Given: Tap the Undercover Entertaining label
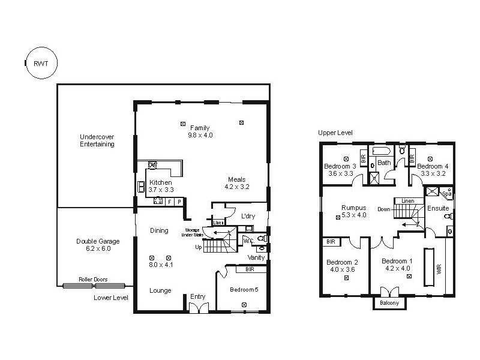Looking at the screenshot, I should [97, 140].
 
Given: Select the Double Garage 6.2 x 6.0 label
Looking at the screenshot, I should [97, 245].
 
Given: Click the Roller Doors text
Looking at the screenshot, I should [93, 279].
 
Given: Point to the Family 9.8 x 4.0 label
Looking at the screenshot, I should [200, 131].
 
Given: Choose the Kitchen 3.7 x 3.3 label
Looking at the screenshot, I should [160, 186].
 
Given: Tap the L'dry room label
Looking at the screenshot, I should [248, 215].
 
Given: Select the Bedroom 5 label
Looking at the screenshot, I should [244, 290].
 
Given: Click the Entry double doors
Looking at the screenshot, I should [197, 308].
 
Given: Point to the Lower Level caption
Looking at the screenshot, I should [111, 297].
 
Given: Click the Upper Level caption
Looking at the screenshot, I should [335, 133].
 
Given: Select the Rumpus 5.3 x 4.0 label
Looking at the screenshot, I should [353, 211].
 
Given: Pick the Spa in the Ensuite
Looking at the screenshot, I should [446, 193].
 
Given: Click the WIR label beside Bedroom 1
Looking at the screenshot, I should [439, 266].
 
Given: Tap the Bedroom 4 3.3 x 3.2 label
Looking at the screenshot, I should [432, 170].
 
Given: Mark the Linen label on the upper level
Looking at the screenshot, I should [407, 200].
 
